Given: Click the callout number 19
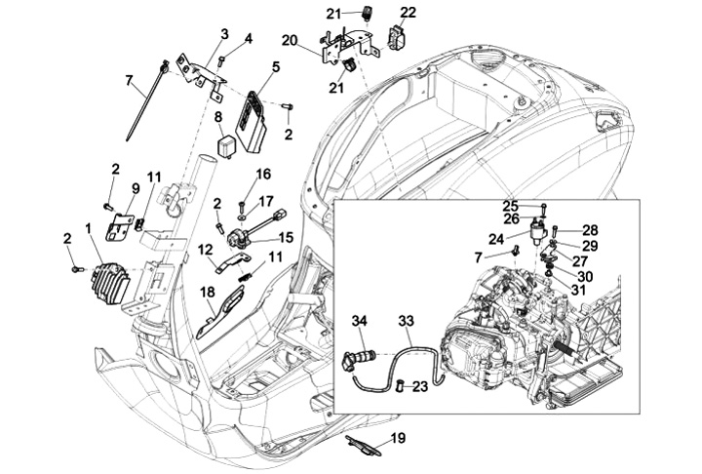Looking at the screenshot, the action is click(398, 438).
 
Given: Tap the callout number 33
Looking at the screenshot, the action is click(407, 321).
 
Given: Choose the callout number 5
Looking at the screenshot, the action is click(276, 67).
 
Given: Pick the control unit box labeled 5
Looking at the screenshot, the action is click(252, 122).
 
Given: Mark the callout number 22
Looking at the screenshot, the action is click(408, 12).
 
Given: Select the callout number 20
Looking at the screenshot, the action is click(290, 40).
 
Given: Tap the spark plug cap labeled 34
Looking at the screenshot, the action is click(361, 353).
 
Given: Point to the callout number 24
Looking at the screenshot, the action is click(496, 239).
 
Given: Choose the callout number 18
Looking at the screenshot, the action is click(208, 293).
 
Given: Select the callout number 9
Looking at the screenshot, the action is click(136, 188).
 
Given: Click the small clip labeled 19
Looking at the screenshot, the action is click(363, 445).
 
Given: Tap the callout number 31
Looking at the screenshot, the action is click(578, 292).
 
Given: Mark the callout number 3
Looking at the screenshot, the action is click(225, 33).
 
